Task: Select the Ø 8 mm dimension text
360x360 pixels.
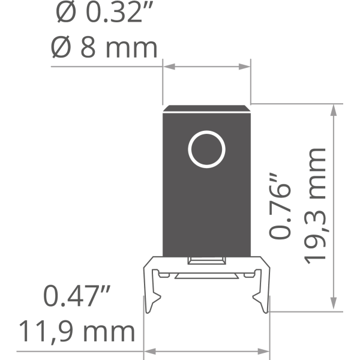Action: [x=104, y=47]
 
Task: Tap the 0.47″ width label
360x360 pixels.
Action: [x=77, y=296]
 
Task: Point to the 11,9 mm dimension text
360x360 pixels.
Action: [x=77, y=332]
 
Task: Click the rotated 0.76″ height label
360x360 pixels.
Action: [x=280, y=206]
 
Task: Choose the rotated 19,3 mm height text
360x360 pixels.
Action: [x=315, y=206]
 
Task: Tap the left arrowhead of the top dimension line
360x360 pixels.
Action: [x=169, y=67]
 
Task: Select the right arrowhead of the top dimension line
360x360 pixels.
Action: [x=245, y=67]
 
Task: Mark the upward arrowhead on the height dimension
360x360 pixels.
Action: [x=334, y=110]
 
